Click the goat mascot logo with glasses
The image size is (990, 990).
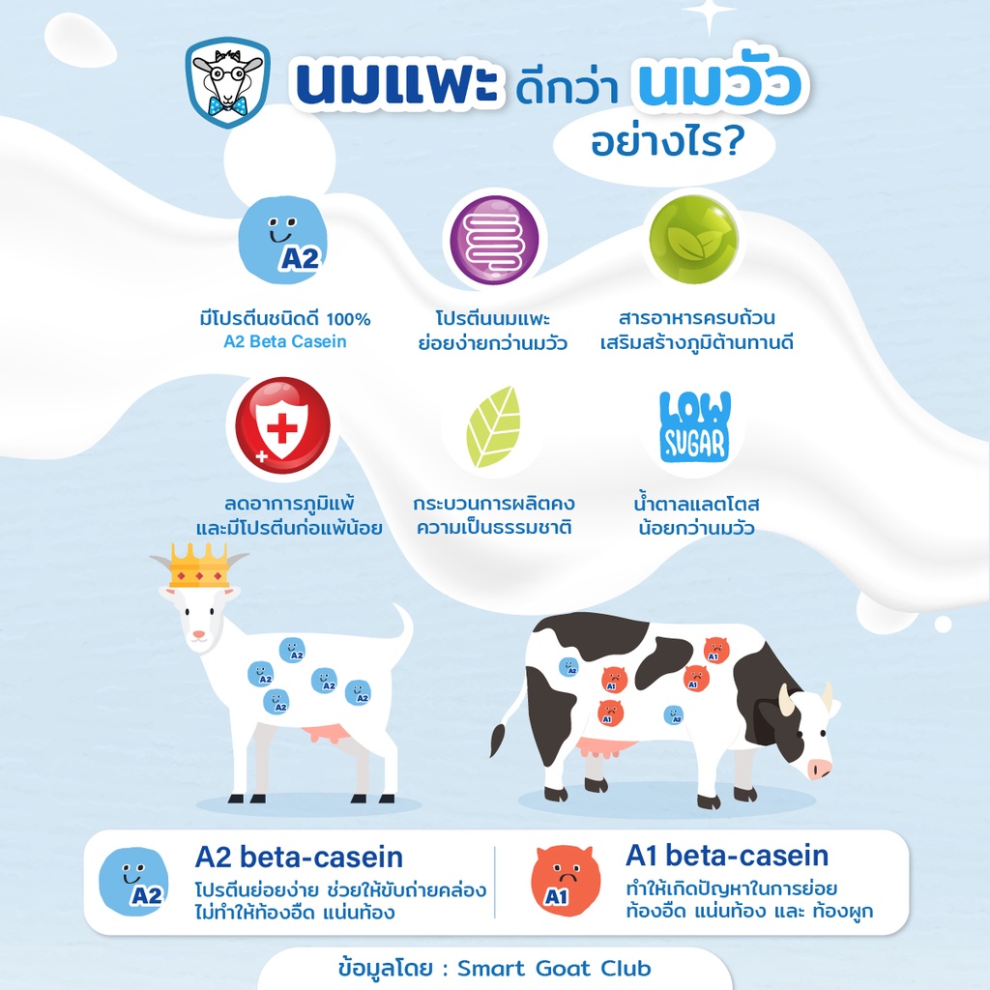tap(228, 82)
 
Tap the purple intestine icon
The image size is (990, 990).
tap(494, 240)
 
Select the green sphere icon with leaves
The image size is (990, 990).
tap(694, 239)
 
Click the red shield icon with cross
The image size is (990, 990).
tap(282, 425)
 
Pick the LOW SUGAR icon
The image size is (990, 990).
tap(694, 426)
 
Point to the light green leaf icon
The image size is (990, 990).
tap(494, 426)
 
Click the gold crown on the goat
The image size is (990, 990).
tap(199, 566)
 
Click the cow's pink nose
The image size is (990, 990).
tap(820, 769)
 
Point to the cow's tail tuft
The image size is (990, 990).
tap(498, 740)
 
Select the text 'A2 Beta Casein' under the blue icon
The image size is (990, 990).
tap(285, 341)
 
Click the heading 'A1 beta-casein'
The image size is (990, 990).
tap(727, 856)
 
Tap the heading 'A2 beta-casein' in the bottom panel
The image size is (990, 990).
tap(299, 857)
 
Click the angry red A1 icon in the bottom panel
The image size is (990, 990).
tap(565, 881)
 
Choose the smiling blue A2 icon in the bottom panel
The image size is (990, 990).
tap(133, 882)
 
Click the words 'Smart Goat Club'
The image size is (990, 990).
tap(554, 968)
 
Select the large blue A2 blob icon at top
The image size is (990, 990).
tap(282, 241)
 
